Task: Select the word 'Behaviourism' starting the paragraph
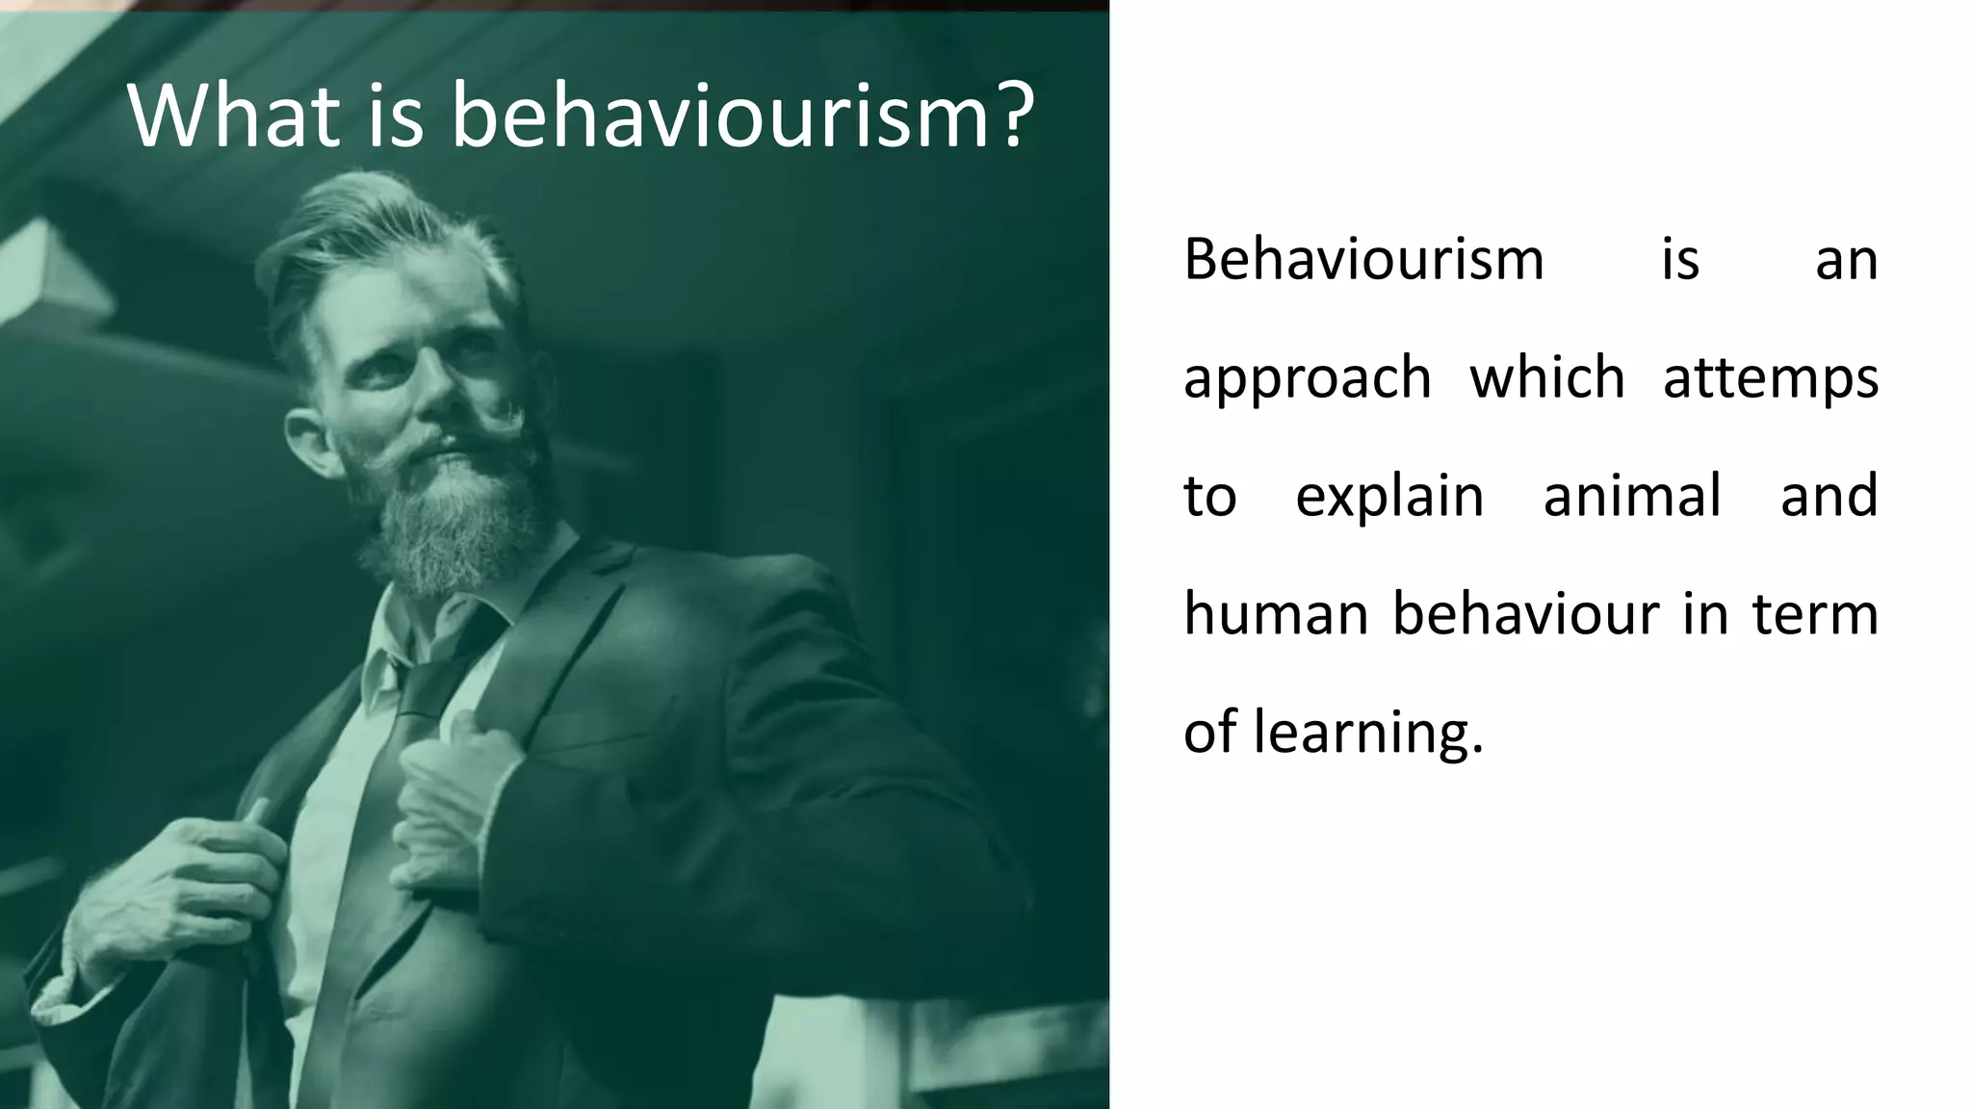(1363, 260)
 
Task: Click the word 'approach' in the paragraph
(1307, 378)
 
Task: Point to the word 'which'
(1547, 376)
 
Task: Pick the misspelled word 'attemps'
(1770, 378)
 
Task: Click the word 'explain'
(1389, 497)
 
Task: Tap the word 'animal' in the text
(1632, 495)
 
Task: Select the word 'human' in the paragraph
(1275, 614)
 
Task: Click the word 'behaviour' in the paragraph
(1526, 613)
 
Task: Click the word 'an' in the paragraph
(1846, 260)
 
